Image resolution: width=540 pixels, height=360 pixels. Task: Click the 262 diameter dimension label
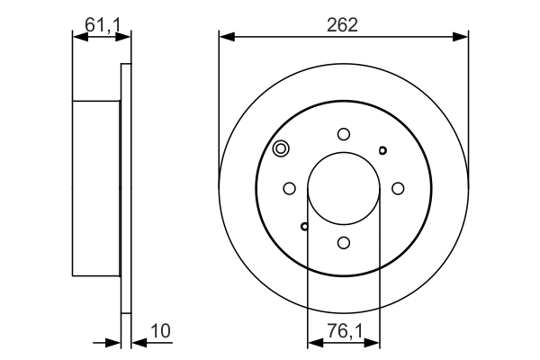342,25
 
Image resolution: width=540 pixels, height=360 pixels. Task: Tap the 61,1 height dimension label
103,25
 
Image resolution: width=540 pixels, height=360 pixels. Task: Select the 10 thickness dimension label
160,331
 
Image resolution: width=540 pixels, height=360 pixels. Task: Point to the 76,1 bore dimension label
345,331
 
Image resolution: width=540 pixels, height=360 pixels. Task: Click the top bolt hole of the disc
344,134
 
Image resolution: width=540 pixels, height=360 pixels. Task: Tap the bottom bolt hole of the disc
344,242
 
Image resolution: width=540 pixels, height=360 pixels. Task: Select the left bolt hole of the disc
289,188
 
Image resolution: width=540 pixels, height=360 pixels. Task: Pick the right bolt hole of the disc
398,188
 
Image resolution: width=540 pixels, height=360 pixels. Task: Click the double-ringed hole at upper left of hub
281,148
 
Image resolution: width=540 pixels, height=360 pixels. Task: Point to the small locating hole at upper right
382,150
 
